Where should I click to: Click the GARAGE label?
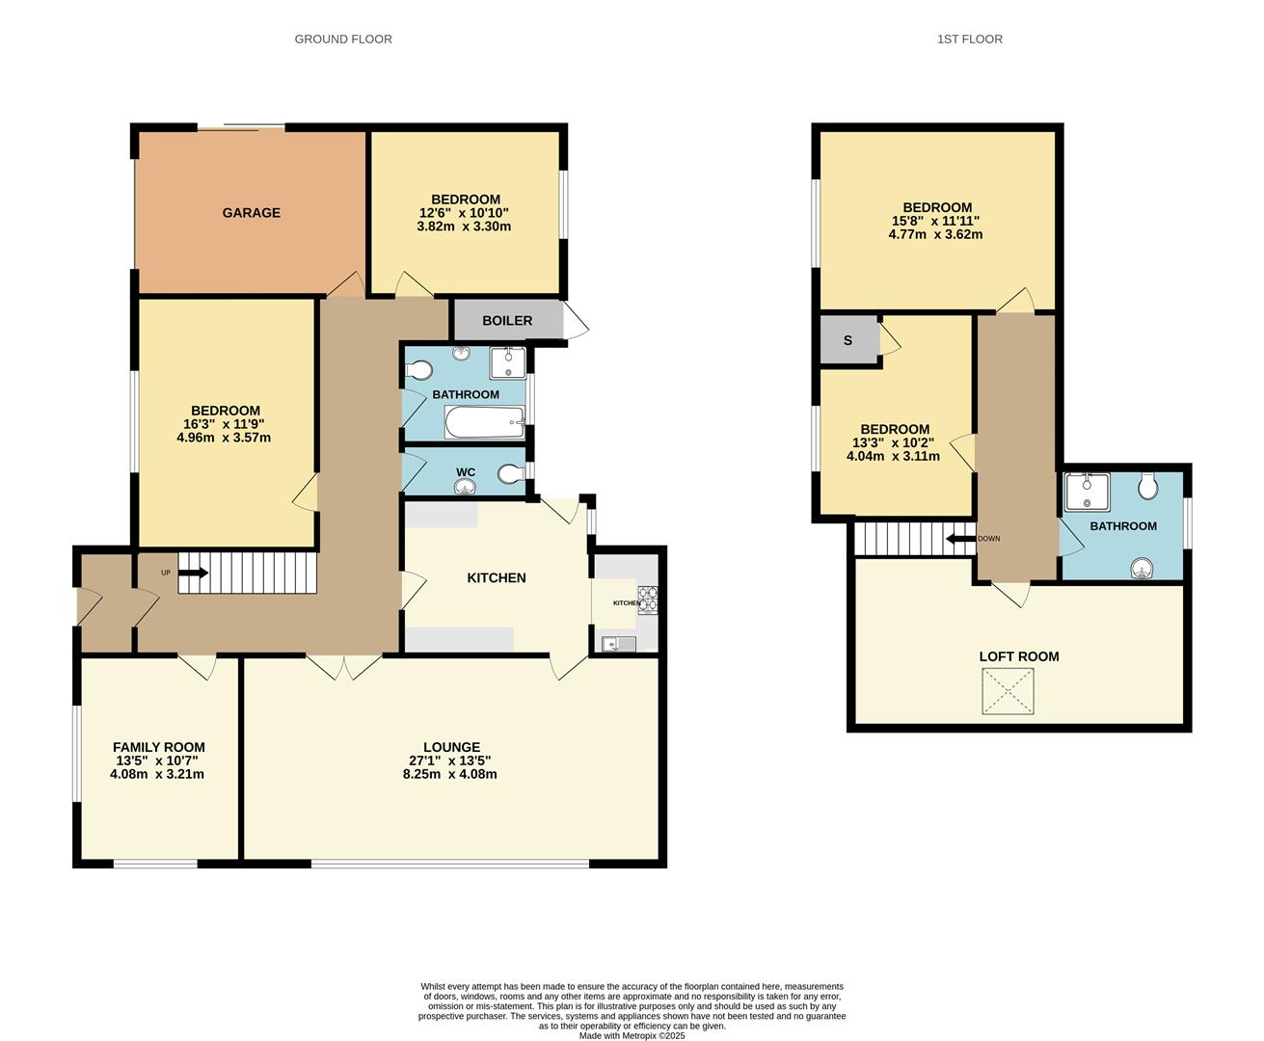(251, 213)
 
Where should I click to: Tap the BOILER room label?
(507, 321)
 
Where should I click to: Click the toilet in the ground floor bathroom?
(417, 370)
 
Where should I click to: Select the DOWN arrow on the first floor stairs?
(960, 539)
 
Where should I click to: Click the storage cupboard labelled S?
(847, 340)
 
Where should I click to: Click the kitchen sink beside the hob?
(617, 644)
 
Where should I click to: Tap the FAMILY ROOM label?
(158, 747)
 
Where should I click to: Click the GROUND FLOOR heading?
(343, 40)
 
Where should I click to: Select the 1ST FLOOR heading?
(969, 40)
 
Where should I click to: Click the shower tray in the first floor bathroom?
(1088, 491)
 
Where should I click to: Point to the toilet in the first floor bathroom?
(1147, 487)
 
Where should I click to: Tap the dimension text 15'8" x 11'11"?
(936, 221)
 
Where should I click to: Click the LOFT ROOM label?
(1019, 656)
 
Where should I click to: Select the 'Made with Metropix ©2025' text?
(632, 1036)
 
